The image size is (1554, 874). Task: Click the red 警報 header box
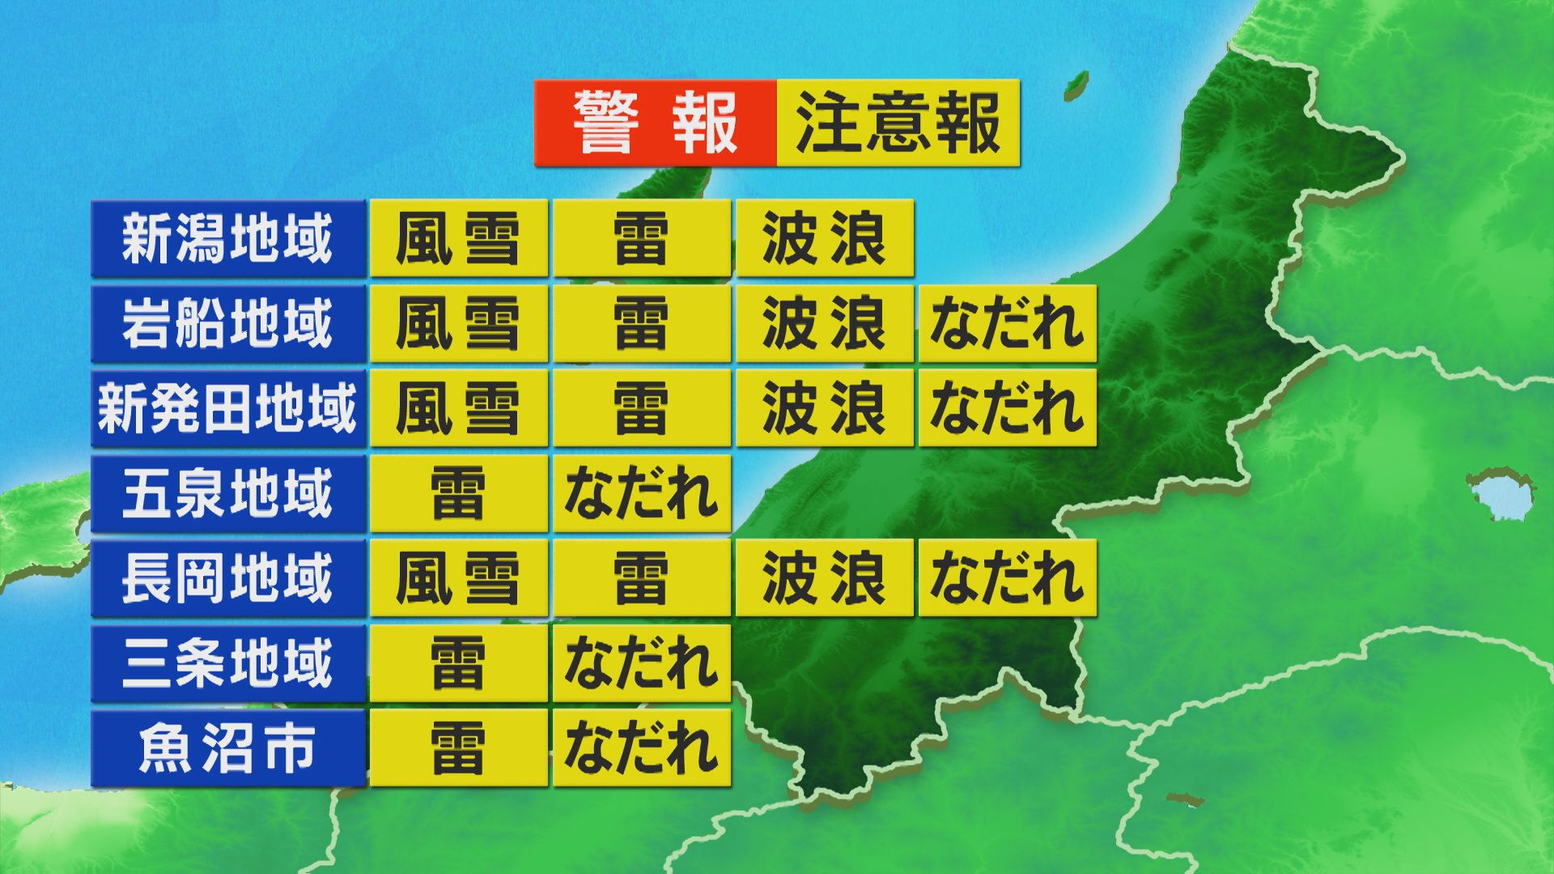coord(655,123)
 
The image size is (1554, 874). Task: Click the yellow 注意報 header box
coord(898,123)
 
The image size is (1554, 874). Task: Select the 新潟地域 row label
coord(228,239)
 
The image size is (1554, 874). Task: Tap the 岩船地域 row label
coord(228,324)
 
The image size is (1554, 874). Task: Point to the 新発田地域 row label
coord(228,409)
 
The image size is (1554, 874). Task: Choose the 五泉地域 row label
coord(228,494)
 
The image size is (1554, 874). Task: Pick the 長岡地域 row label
coord(228,579)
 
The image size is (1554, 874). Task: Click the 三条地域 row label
coord(228,664)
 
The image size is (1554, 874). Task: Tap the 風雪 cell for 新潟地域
coord(459,239)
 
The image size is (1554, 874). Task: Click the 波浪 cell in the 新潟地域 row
coord(825,239)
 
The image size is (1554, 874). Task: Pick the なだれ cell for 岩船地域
coord(1008,324)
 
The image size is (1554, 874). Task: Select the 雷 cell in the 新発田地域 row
coord(642,409)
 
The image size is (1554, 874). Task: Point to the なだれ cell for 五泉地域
coord(642,494)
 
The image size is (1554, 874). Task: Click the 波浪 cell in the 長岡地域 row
coord(825,579)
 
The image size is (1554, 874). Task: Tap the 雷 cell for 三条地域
coord(459,664)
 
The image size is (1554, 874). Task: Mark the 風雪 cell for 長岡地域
coord(459,579)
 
